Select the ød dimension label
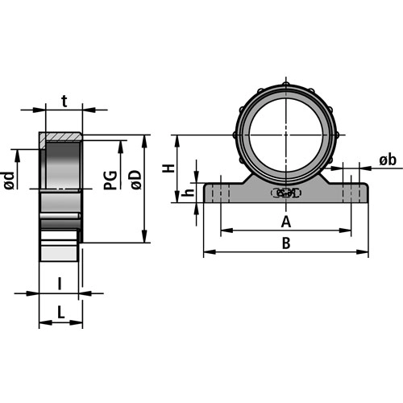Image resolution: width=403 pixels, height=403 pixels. coord(9,182)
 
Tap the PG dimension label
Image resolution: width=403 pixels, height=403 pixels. coord(111,179)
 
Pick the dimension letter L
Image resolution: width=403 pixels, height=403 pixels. coord(61,312)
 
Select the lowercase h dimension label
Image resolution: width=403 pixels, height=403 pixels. coord(188,193)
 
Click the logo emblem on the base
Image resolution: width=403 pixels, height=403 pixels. coord(285,193)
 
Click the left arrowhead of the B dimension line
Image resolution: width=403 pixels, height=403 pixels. coord(207,253)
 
